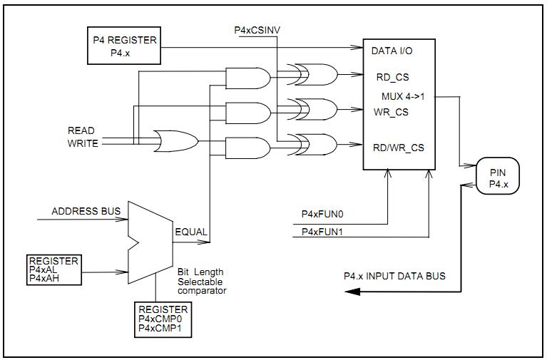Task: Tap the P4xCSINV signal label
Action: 257,30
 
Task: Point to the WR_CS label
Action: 391,112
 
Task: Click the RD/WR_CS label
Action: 398,148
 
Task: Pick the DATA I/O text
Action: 392,51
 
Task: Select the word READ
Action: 81,130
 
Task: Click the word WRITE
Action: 83,143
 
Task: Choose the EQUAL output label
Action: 191,232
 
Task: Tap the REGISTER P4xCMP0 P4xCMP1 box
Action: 163,319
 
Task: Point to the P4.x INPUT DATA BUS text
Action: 394,277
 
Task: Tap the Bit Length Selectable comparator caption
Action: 202,281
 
